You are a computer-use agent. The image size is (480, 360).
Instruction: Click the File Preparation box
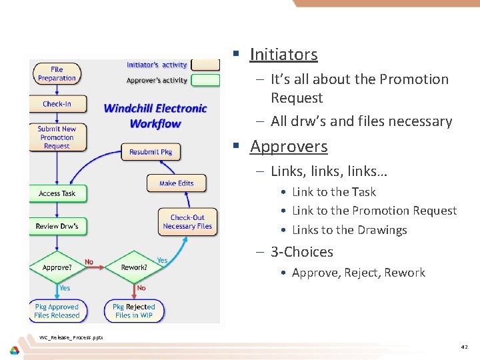coord(57,73)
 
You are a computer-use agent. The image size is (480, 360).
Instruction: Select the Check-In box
coord(57,104)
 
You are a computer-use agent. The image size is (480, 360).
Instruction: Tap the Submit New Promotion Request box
coord(57,137)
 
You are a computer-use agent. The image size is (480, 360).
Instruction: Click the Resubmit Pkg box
coord(150,152)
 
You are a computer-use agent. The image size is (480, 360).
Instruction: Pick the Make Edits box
coord(177,183)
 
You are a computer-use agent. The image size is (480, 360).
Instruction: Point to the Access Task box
coord(57,193)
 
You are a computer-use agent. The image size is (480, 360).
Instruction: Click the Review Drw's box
coord(57,226)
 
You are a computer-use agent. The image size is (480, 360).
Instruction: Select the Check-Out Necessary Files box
coord(187,222)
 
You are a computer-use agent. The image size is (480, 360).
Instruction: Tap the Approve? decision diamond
coord(57,267)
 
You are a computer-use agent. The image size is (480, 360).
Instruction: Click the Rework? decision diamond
coord(134,267)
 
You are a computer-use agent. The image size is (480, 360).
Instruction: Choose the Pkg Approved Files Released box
coord(57,311)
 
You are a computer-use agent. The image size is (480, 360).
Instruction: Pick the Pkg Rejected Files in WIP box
coord(133,311)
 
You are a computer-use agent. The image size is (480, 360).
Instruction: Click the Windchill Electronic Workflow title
coord(155,115)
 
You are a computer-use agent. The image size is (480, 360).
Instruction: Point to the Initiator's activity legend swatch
coord(205,65)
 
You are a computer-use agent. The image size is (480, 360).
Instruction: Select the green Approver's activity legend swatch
coord(205,81)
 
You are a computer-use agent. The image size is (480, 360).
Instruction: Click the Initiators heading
coord(283,54)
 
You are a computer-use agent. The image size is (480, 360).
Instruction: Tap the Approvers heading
coord(289,146)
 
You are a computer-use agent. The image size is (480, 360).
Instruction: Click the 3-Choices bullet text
coord(301,252)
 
